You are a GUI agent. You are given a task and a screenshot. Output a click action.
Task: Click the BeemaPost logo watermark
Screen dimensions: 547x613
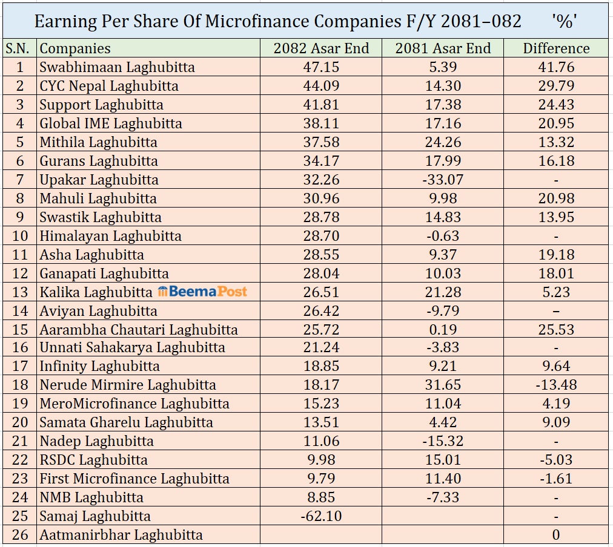202,292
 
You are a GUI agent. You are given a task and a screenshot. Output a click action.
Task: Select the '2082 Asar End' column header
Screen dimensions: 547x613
321,48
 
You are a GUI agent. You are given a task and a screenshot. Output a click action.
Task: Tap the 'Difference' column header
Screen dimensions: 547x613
556,48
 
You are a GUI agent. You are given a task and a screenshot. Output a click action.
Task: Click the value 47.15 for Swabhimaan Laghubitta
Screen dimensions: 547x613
321,67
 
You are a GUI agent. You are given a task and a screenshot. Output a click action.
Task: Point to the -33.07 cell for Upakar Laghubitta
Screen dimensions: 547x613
443,180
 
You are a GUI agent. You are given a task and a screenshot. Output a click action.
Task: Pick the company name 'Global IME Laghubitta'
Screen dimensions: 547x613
111,123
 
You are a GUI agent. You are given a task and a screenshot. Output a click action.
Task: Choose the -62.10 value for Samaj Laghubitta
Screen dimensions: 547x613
321,516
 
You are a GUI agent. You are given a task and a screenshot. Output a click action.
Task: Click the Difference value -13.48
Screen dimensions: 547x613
556,385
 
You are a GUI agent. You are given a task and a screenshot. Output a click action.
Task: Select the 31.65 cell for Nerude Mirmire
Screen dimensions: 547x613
443,385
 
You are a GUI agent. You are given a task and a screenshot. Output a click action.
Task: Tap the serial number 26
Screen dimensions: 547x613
20,535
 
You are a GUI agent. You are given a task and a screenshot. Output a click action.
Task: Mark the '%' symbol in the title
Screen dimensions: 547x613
565,21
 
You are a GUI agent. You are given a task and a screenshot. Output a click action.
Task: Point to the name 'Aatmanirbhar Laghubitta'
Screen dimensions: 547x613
121,535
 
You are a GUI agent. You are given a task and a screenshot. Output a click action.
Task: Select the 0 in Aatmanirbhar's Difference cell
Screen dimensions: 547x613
556,535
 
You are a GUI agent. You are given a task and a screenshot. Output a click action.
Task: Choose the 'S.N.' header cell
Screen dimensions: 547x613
20,48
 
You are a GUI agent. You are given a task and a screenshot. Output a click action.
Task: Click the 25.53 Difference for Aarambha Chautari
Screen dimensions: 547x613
556,330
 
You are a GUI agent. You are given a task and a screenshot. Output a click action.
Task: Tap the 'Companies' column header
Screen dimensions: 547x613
75,48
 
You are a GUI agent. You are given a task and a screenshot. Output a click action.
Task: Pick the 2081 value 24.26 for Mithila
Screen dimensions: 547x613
443,142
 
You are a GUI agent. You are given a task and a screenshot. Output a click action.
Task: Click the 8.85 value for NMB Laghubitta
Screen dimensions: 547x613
321,497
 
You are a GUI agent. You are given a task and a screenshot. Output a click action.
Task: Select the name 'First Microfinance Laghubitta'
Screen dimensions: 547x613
134,479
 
